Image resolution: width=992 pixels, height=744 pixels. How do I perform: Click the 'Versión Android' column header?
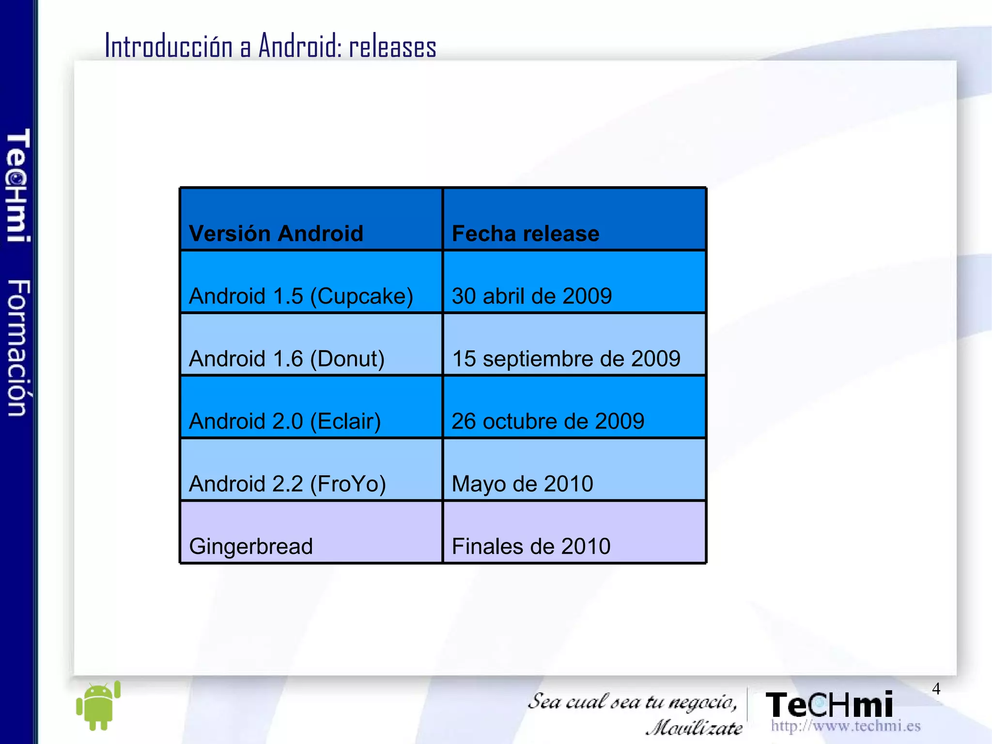tap(276, 233)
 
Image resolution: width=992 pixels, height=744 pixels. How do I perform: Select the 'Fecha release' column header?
tap(525, 233)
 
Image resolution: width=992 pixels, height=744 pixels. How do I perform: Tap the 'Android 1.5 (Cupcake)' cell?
tap(301, 296)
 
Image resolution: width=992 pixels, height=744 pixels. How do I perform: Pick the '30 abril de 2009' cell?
tap(531, 296)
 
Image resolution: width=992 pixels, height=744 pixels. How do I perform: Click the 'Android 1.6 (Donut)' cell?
tap(287, 358)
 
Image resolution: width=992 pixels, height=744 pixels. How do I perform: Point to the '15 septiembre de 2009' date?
tap(566, 358)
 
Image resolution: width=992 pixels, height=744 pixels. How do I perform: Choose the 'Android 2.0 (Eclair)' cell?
tap(285, 421)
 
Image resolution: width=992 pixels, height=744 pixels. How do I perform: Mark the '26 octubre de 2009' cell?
tap(548, 421)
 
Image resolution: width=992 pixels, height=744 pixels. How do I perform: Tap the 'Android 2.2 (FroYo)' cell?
tap(287, 483)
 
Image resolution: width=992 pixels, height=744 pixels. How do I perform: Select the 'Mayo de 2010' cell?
tap(522, 483)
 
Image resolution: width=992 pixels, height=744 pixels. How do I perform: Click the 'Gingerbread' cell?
tap(251, 546)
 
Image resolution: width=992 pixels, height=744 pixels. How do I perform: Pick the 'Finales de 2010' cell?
tap(531, 546)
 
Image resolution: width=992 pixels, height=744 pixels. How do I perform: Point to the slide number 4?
tap(936, 688)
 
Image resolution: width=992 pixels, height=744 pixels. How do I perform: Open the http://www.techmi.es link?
tap(845, 726)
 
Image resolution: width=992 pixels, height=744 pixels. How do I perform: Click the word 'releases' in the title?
tap(392, 47)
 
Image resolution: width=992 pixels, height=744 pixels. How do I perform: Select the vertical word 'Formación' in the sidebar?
tap(19, 348)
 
